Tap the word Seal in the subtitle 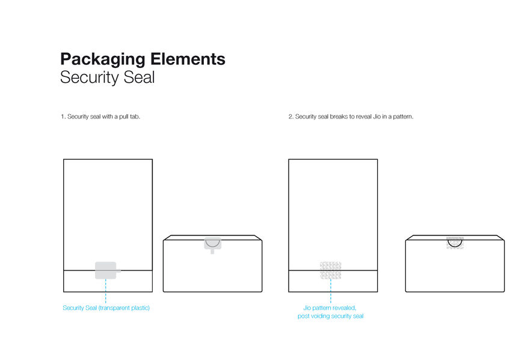[141, 78]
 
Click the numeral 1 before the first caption [62, 117]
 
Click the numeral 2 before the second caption [290, 117]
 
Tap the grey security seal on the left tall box [105, 270]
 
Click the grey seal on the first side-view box [212, 242]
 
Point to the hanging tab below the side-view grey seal [212, 251]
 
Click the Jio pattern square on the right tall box [331, 270]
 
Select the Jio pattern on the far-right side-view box [455, 242]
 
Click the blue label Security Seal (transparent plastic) [106, 308]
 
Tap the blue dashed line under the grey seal [105, 291]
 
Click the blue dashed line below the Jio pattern [331, 291]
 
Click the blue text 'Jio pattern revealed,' [330, 308]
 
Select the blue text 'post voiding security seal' [330, 316]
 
